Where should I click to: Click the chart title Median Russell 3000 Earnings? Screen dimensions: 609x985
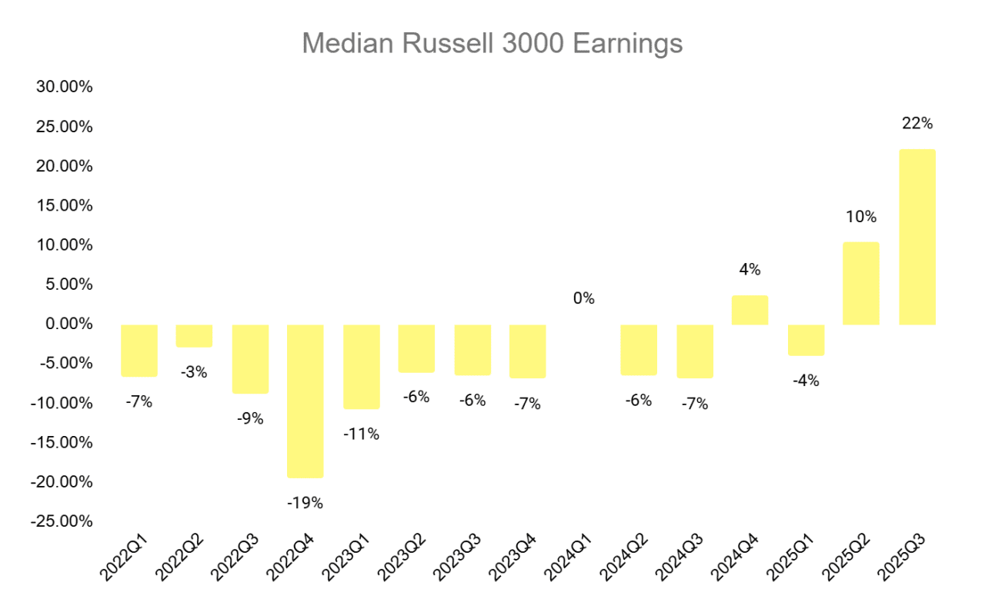pos(492,43)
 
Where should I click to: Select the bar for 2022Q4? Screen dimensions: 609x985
pos(306,401)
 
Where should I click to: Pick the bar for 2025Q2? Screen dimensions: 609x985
pos(860,284)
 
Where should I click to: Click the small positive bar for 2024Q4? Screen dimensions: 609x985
pos(750,310)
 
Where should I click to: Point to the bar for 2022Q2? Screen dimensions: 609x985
pos(194,336)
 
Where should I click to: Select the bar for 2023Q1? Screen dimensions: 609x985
pos(361,366)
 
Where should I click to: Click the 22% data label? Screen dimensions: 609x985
pos(917,123)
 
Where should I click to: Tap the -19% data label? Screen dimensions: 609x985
pos(306,504)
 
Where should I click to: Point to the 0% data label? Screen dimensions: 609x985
pos(584,298)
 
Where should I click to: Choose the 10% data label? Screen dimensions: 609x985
pos(860,217)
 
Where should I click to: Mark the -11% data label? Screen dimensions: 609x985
pos(361,434)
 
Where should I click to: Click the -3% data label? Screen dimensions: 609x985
pos(194,372)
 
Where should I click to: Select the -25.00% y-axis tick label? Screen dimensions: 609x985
pos(62,521)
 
